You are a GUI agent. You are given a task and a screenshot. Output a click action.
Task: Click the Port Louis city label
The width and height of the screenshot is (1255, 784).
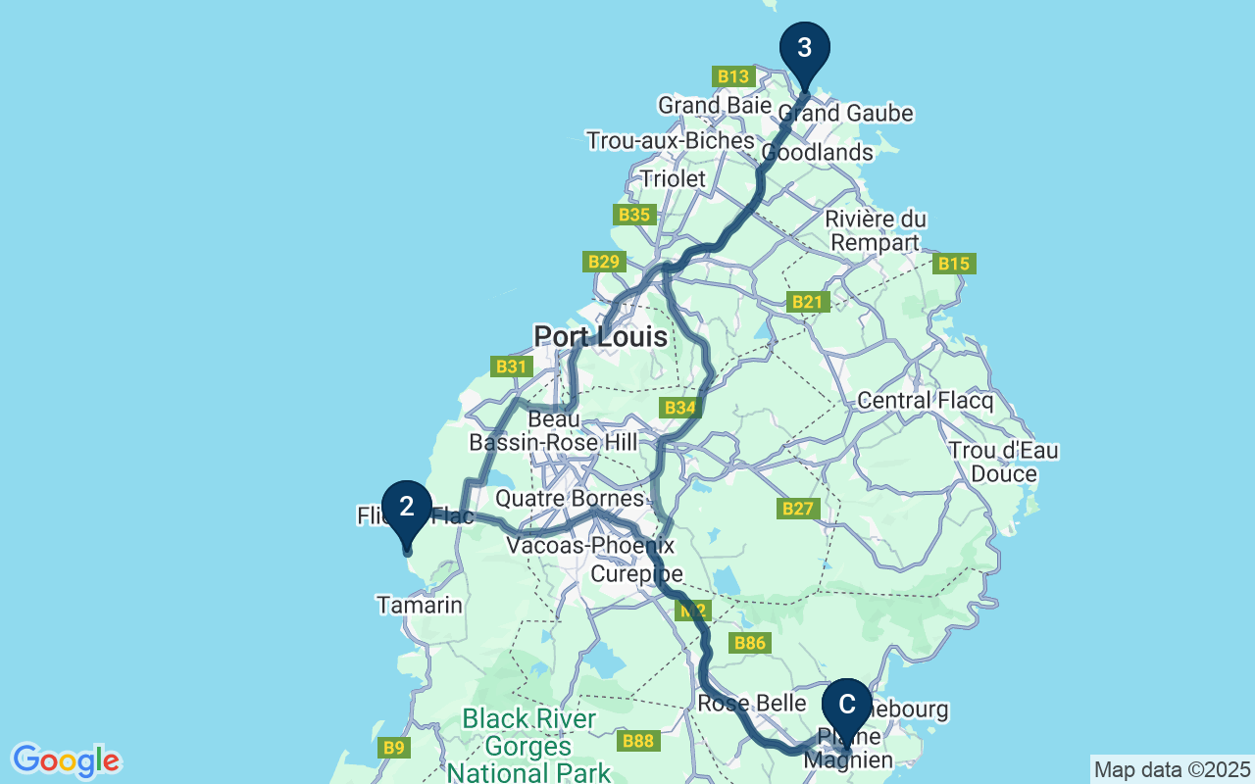click(x=600, y=337)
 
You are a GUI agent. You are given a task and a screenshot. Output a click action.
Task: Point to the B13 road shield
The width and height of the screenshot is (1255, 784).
click(x=732, y=76)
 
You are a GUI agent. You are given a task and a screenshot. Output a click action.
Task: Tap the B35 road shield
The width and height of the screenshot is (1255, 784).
click(x=633, y=215)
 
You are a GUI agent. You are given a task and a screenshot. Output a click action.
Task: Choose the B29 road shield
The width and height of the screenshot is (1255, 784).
click(x=604, y=262)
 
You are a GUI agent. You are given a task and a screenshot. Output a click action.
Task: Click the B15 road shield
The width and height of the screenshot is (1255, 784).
click(x=954, y=264)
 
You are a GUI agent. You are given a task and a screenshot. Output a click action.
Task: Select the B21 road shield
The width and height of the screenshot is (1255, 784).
click(x=808, y=303)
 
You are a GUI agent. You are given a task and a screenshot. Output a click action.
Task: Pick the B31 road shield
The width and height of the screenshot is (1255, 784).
click(x=510, y=367)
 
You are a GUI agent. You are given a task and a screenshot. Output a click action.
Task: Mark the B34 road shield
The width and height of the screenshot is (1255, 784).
click(x=679, y=408)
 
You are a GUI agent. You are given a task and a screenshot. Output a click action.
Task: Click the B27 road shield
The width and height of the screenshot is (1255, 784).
click(x=799, y=509)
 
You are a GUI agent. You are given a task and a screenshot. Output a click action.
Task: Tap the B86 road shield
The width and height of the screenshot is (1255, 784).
click(x=749, y=644)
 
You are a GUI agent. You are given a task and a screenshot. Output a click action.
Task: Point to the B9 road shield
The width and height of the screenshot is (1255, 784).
click(x=393, y=748)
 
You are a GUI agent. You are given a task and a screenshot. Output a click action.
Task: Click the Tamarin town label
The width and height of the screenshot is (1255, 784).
click(x=420, y=606)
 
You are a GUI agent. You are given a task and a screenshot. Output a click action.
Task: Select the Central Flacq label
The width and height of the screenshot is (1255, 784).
click(x=925, y=401)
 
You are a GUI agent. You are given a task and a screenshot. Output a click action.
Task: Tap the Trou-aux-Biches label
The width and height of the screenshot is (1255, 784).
click(x=670, y=141)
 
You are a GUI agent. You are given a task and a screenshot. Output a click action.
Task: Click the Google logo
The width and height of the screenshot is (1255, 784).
click(x=66, y=760)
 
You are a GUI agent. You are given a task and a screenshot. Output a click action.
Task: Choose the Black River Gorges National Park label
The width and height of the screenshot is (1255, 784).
click(x=528, y=746)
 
